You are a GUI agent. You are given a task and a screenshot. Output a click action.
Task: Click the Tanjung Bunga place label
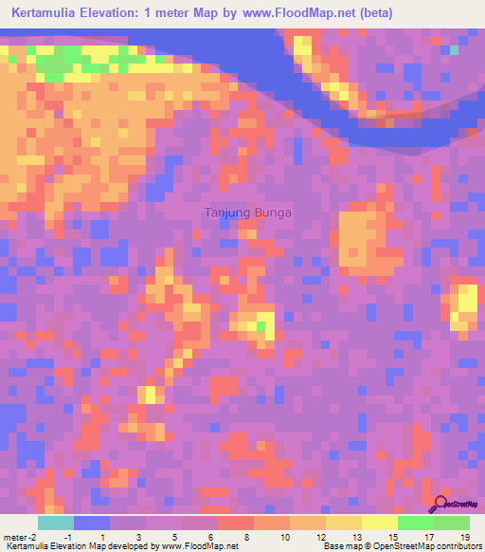click(x=248, y=212)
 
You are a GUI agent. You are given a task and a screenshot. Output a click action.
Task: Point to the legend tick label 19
click(x=464, y=537)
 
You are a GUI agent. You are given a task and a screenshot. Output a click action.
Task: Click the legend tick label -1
click(x=68, y=537)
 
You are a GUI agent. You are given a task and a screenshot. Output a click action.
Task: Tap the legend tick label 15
click(x=392, y=537)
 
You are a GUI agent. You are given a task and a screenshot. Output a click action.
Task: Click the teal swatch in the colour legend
click(x=56, y=523)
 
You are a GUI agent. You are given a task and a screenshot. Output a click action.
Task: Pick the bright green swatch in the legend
click(x=415, y=523)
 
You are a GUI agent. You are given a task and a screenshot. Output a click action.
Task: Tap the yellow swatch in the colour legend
click(x=379, y=523)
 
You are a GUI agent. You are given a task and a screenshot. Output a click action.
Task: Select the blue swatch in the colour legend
click(x=92, y=523)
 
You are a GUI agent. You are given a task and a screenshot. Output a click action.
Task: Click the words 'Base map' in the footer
click(x=338, y=546)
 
